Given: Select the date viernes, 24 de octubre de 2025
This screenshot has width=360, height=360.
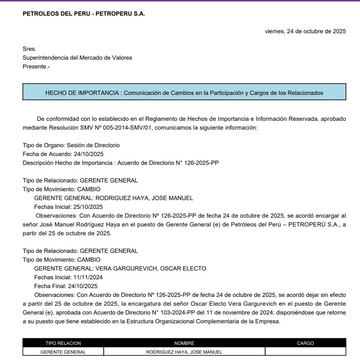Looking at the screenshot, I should coord(305,31).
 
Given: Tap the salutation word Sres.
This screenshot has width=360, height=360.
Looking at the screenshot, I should coord(29,49).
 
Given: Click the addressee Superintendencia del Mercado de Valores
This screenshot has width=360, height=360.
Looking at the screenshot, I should coord(77,58).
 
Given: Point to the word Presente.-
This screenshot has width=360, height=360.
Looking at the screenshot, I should coord(36,67).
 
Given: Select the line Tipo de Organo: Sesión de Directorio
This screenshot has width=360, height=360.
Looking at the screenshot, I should coord(71,145).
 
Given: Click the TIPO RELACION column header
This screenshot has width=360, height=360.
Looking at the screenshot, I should coord(63,343).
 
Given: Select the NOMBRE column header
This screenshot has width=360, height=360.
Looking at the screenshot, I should coord(184,343).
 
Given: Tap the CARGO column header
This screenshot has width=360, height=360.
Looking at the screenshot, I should coord(305,343).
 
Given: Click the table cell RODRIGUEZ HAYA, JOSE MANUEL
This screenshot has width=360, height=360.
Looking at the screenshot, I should coord(184,352).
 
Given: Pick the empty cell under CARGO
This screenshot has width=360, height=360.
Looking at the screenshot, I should coord(305,352).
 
